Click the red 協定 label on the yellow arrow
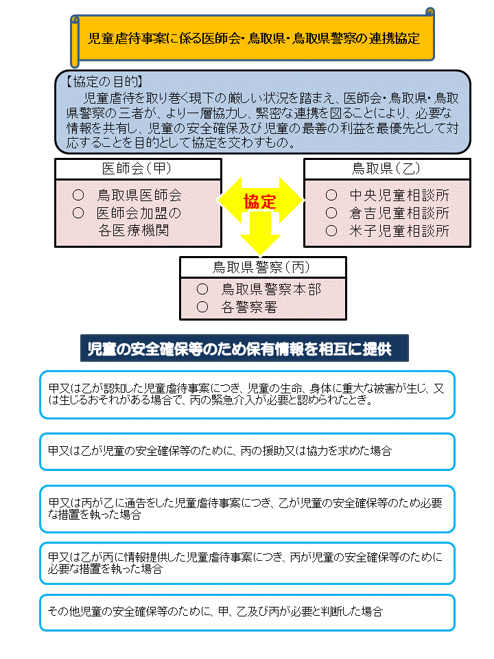259,202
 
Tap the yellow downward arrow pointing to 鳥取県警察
260,233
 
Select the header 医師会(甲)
137,169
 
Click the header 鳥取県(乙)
386,169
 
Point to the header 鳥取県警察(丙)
261,267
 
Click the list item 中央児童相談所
399,196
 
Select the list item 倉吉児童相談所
399,213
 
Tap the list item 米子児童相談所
399,231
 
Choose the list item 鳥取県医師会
139,196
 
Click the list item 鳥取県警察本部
272,289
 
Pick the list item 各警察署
249,308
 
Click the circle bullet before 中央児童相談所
331,195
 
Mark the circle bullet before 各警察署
202,307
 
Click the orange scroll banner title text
254,38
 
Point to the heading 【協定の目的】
104,82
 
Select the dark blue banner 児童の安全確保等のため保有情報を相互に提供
244,349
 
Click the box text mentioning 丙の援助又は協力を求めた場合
220,451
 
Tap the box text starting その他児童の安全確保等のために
215,612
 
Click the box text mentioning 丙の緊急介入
246,394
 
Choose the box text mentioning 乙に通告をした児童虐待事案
246,509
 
